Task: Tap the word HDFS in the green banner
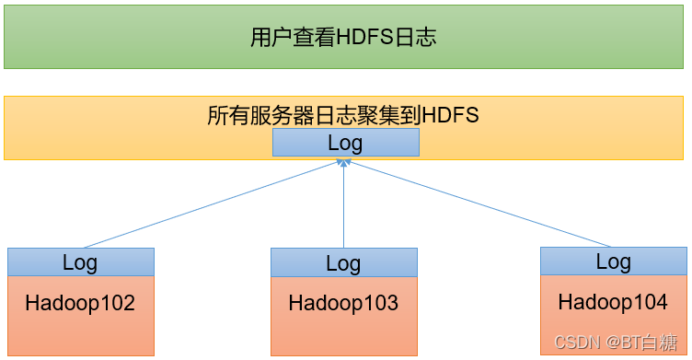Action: tap(364, 38)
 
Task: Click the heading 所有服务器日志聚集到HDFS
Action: tap(343, 116)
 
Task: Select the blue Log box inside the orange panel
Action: tap(345, 143)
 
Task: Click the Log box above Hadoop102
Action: tap(80, 261)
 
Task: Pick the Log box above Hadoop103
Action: tap(343, 262)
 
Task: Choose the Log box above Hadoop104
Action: tap(613, 261)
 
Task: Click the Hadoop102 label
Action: tap(80, 302)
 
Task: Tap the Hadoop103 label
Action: tap(343, 302)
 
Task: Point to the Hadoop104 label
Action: tap(613, 301)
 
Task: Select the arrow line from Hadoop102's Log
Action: tap(212, 204)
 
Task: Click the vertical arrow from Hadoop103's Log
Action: tap(343, 207)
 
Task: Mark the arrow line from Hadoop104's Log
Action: tap(479, 204)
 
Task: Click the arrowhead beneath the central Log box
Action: tap(343, 162)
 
